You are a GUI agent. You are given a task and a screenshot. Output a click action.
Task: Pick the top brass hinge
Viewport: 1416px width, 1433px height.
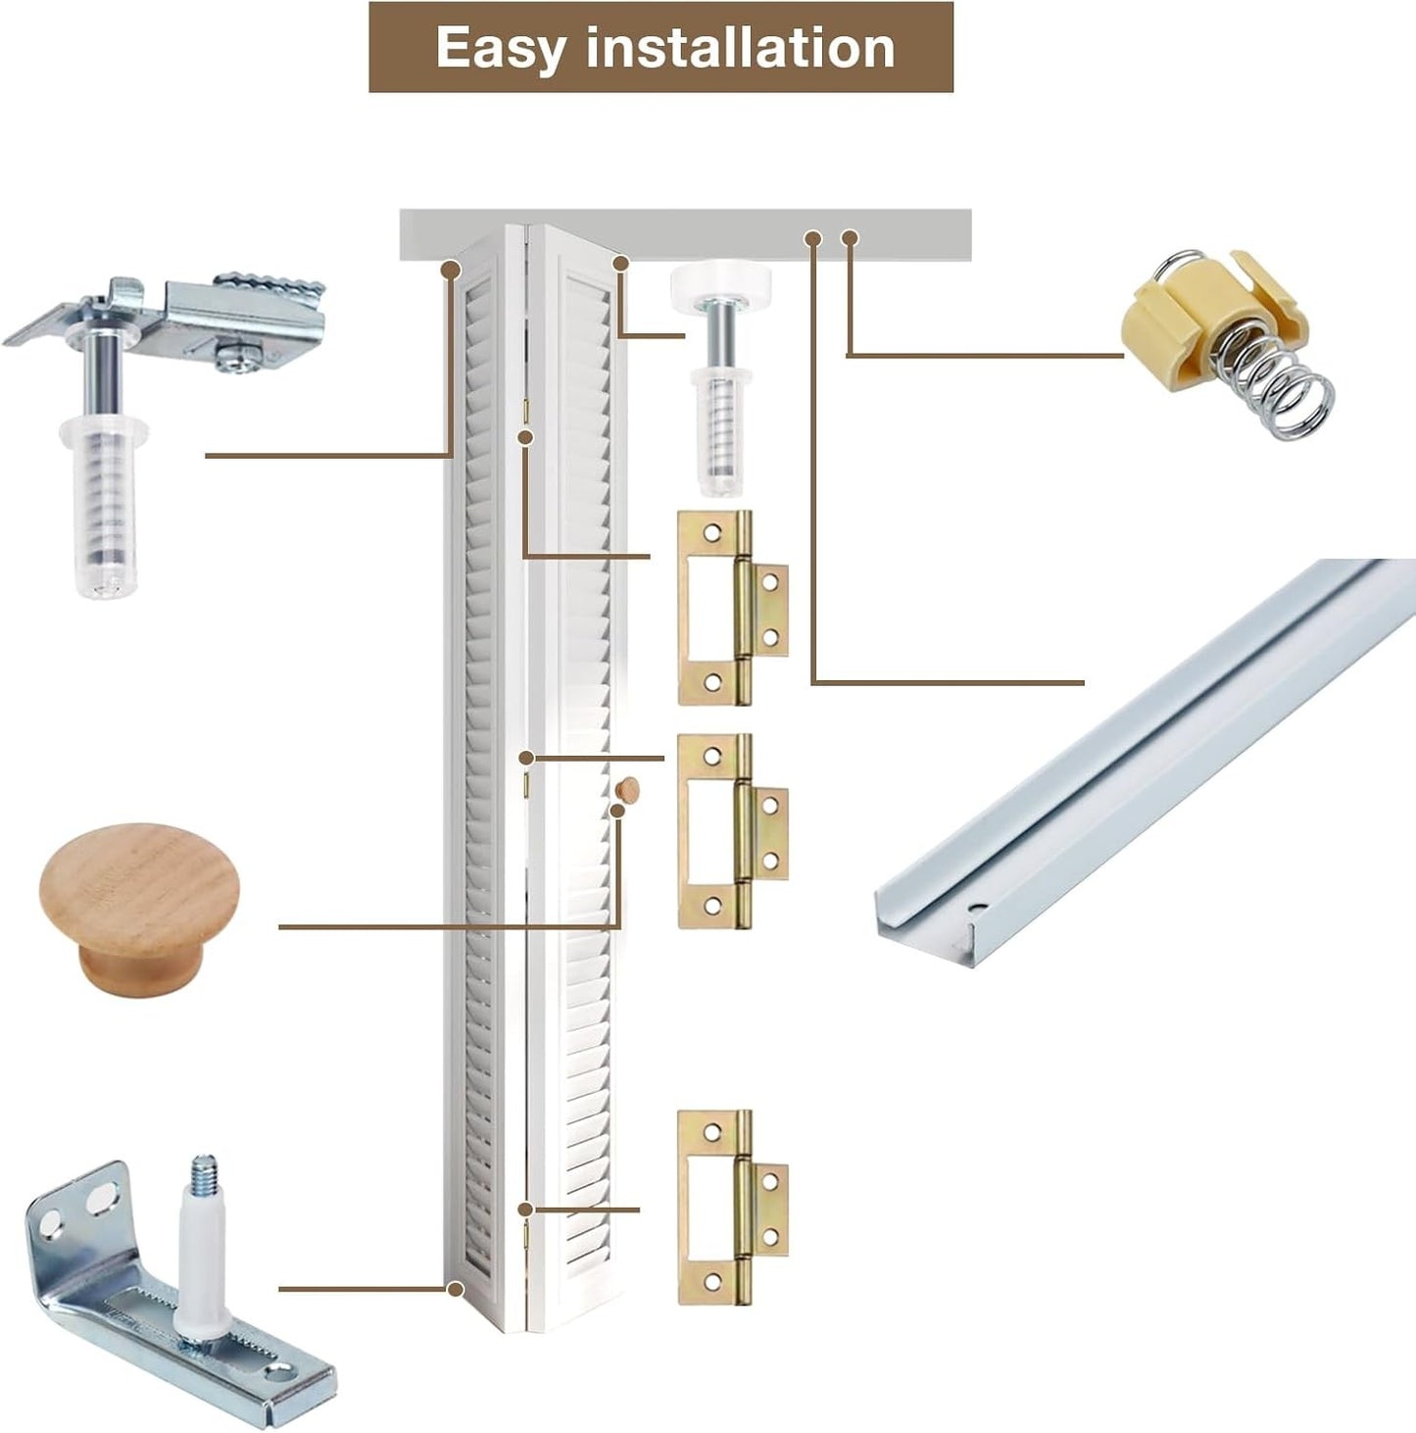coord(733,608)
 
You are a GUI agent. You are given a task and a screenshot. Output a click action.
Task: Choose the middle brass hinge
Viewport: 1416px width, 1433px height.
coord(733,831)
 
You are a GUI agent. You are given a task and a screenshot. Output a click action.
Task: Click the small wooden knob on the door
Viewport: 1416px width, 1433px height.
coord(628,789)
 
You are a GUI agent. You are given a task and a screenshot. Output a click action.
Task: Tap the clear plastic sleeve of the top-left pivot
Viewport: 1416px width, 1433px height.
coord(107,507)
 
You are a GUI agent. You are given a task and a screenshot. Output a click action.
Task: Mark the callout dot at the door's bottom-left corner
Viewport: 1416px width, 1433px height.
coord(455,1289)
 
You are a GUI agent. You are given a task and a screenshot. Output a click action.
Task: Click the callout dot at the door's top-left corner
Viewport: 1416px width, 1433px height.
coord(450,270)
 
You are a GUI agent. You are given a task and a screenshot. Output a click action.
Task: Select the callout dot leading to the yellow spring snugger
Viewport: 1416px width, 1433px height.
coord(850,238)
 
